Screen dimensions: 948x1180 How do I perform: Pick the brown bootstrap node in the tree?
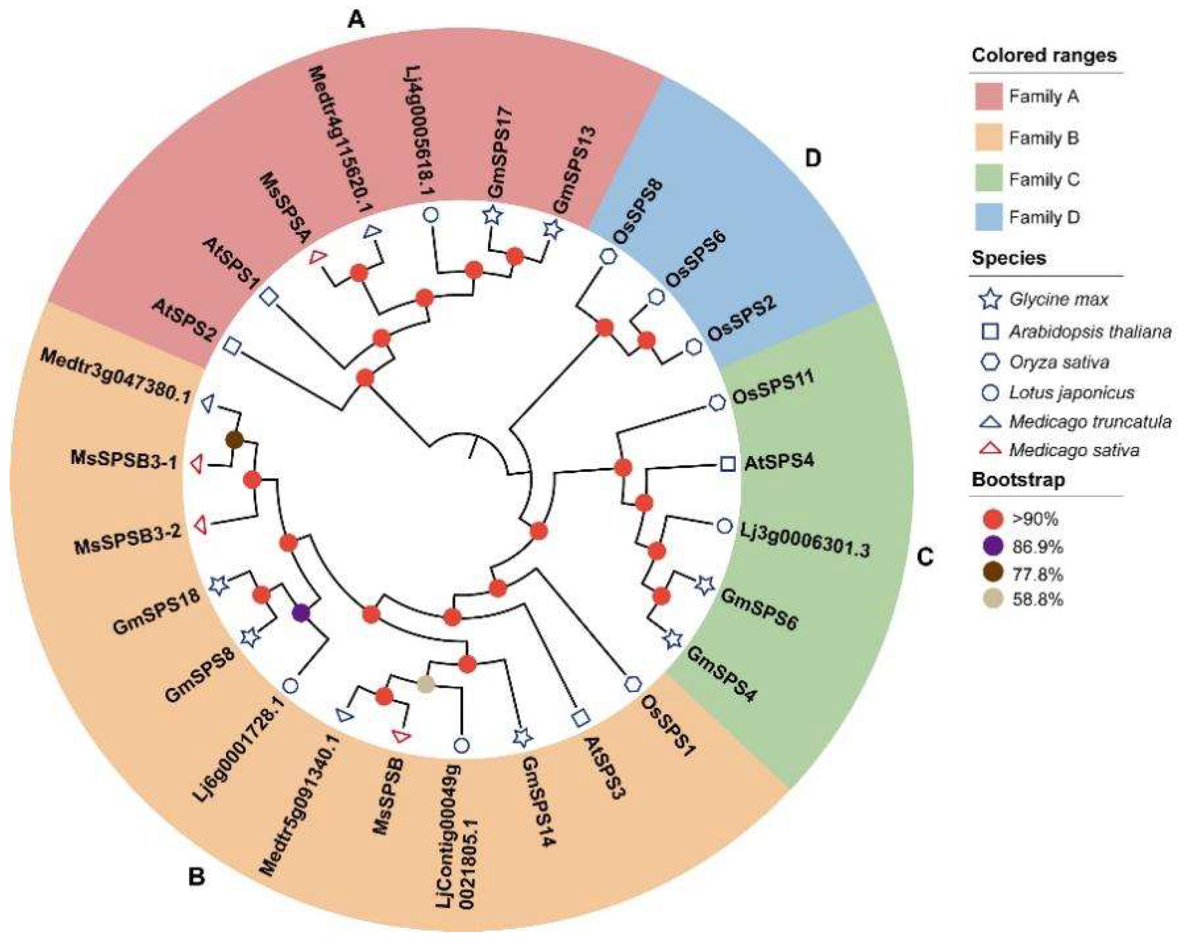(x=234, y=439)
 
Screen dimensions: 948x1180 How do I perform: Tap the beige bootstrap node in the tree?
(x=426, y=683)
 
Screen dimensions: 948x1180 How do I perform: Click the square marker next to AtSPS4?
(x=727, y=464)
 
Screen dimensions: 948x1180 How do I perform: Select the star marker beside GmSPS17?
(x=492, y=216)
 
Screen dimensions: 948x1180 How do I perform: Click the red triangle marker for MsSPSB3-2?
(x=202, y=525)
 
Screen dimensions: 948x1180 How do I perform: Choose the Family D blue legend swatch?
(x=988, y=217)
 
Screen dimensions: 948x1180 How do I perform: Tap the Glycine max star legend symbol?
(x=990, y=299)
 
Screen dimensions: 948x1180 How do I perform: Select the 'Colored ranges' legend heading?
(x=1044, y=55)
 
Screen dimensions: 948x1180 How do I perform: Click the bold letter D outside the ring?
(x=814, y=159)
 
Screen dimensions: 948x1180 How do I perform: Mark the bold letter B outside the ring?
(x=196, y=877)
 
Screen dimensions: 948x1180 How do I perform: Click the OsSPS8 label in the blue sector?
(x=638, y=212)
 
